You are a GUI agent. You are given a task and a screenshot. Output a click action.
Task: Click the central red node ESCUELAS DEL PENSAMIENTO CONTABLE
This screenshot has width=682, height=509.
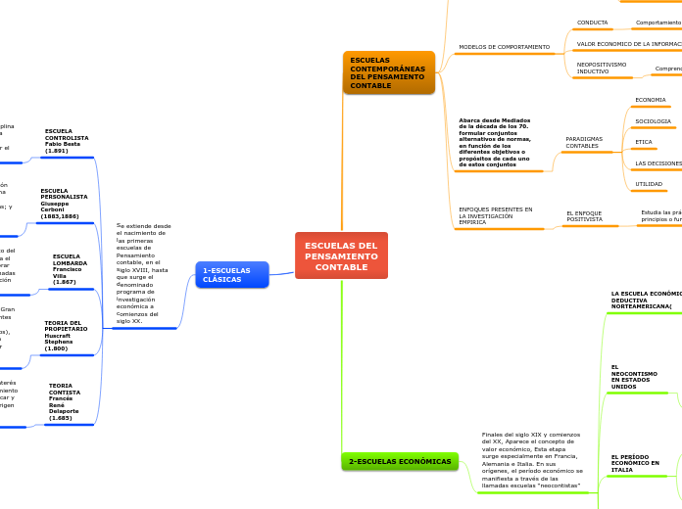point(341,255)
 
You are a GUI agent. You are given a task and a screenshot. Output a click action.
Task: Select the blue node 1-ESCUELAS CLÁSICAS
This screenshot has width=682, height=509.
point(231,275)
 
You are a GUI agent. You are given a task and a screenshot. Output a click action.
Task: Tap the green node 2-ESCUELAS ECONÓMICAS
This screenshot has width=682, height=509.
point(400,461)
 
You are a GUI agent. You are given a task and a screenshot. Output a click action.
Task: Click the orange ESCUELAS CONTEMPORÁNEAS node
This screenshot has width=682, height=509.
point(388,72)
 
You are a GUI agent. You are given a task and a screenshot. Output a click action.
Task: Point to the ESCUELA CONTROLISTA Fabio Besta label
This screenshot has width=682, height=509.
point(67,141)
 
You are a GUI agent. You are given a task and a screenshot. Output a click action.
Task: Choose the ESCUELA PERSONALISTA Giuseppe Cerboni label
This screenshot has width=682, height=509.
point(64,203)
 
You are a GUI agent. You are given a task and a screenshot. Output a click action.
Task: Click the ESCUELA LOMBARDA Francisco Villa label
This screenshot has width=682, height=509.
point(71,269)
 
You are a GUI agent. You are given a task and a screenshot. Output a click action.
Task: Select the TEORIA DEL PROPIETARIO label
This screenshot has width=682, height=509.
point(66,335)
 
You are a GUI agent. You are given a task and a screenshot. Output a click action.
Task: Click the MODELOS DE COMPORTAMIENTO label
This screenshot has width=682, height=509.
point(504,47)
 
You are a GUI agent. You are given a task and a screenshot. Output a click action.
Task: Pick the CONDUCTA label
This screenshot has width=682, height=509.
point(592,23)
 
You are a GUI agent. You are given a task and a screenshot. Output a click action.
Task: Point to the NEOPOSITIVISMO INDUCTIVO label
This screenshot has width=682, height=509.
point(602,68)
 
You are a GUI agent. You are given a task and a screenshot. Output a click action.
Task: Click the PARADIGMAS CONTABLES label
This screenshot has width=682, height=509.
point(584,143)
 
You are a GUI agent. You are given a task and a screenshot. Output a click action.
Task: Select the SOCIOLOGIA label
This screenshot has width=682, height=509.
point(653,121)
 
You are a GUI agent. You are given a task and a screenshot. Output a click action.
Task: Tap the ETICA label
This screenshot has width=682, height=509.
point(643,142)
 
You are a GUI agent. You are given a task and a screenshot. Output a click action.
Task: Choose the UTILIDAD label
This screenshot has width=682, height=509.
point(649,184)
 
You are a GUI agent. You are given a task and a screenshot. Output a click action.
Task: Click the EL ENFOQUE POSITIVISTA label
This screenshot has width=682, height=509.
point(585,216)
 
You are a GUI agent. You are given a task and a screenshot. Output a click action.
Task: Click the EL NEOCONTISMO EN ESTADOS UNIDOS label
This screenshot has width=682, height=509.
point(634,377)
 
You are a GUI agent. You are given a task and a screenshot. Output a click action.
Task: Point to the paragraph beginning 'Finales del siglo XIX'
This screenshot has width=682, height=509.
point(532,460)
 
